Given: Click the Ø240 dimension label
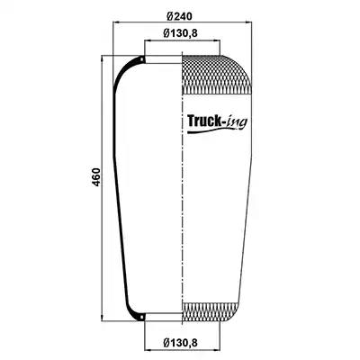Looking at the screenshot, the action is [179, 16].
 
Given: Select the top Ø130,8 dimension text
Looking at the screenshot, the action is [180, 33].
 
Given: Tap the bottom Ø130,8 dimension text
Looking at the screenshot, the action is [180, 342].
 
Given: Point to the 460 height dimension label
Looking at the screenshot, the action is [95, 177].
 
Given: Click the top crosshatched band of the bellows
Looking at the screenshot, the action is [217, 75].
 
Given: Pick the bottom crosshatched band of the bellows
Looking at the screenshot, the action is [211, 312].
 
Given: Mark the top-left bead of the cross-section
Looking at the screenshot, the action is [142, 59].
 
